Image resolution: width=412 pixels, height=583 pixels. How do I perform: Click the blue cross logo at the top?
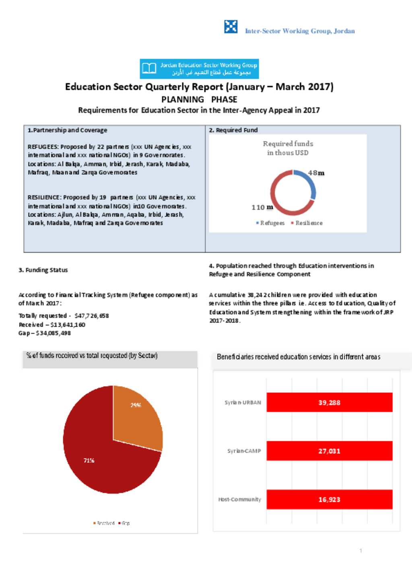pyautogui.click(x=231, y=27)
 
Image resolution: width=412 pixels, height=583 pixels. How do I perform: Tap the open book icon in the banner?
pyautogui.click(x=149, y=68)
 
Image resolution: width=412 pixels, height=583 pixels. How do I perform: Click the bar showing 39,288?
pyautogui.click(x=329, y=402)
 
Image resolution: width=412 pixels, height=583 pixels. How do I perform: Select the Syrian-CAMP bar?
pyautogui.click(x=329, y=451)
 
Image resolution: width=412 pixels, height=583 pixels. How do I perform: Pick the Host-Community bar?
pyautogui.click(x=329, y=499)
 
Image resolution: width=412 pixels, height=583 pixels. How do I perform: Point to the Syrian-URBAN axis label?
pyautogui.click(x=243, y=402)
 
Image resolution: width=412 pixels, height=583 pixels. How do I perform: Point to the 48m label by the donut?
pyautogui.click(x=316, y=173)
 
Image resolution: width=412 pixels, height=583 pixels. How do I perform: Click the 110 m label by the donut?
pyautogui.click(x=262, y=207)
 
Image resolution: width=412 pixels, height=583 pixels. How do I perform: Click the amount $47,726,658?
pyautogui.click(x=92, y=316)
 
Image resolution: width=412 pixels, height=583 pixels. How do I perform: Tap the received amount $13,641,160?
pyautogui.click(x=68, y=325)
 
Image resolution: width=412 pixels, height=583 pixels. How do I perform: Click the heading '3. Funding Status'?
pyautogui.click(x=43, y=270)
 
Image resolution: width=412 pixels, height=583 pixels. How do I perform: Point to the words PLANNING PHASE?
pyautogui.click(x=199, y=99)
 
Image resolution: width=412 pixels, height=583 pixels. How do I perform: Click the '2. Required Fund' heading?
pyautogui.click(x=233, y=130)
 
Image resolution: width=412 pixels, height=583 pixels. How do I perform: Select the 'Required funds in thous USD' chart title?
pyautogui.click(x=288, y=148)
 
